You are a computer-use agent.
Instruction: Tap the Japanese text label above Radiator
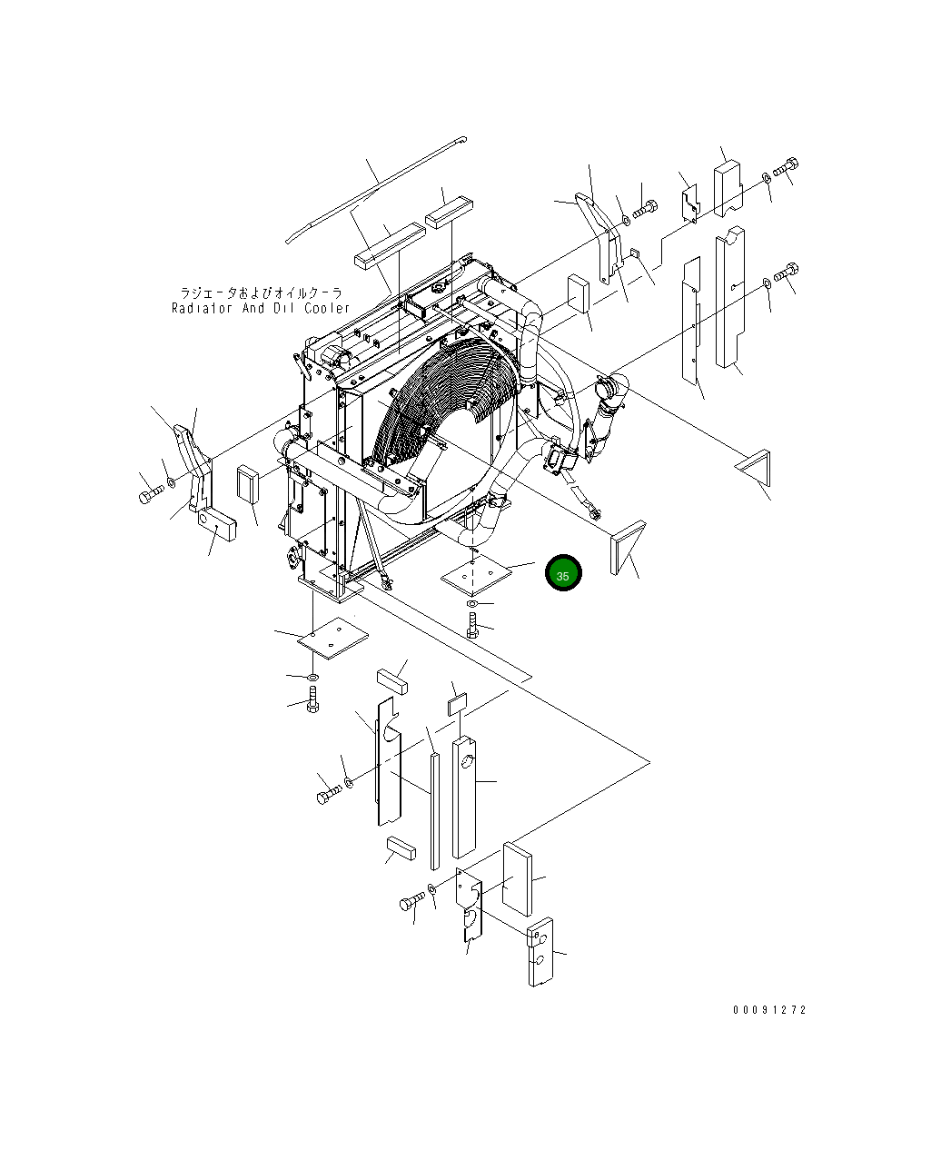coord(261,292)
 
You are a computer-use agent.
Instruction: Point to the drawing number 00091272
coord(769,1010)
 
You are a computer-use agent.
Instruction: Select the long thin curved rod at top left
coord(372,192)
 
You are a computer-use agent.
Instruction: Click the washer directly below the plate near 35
coord(472,603)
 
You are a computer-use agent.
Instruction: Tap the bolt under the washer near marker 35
coord(472,625)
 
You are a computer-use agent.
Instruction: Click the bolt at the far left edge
coord(150,496)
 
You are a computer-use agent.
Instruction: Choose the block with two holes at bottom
coord(539,951)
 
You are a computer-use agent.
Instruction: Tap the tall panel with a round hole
coord(463,798)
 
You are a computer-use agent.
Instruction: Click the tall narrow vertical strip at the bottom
coord(434,808)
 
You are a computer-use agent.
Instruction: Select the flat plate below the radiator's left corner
coord(332,636)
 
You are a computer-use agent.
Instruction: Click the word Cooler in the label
coord(327,308)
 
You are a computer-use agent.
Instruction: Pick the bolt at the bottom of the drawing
coord(411,902)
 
